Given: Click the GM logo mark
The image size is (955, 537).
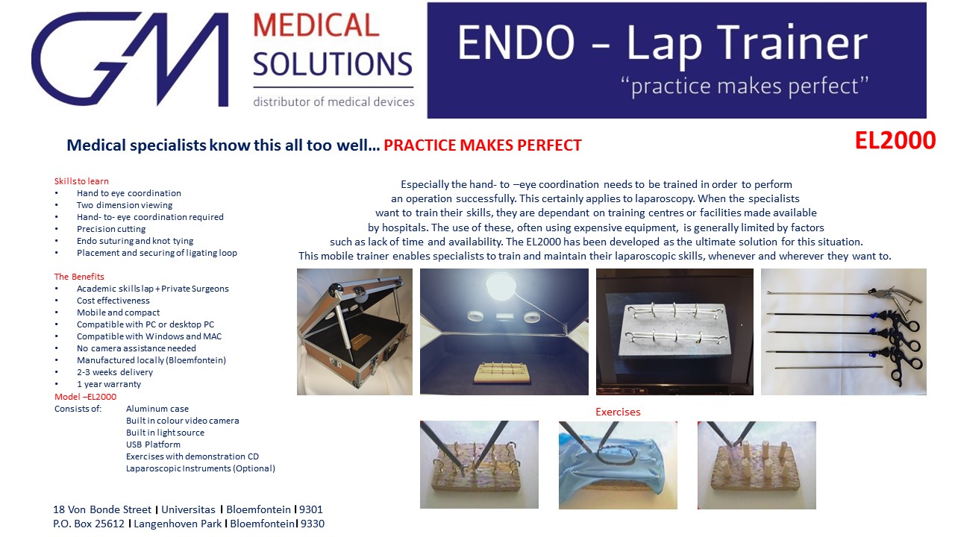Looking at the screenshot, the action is pos(130,59).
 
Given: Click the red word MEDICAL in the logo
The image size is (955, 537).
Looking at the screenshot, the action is pos(316,25).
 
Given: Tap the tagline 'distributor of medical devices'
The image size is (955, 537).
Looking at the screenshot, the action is pos(334,102).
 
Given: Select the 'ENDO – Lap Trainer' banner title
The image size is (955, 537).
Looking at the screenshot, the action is pos(662,43).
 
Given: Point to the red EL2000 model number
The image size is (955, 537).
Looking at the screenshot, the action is pos(895,140).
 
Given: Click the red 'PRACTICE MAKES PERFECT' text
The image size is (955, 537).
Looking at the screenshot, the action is pos(482,145).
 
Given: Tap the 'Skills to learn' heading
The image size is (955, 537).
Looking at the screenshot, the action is pos(81,181).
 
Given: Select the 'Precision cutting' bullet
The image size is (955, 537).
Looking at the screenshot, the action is pos(111,229).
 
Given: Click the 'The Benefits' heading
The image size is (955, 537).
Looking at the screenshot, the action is pos(79,277).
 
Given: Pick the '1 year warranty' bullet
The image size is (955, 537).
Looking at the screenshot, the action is pos(109,384).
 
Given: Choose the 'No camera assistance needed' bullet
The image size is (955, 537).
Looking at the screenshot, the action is pos(137,348).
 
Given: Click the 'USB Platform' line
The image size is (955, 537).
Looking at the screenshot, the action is pos(153,445).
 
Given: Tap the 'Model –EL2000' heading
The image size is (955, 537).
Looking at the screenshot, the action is pos(85,397).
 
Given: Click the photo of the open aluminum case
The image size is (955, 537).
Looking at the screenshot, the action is pos(354,332).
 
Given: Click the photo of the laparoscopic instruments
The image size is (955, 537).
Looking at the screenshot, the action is pos(844,332).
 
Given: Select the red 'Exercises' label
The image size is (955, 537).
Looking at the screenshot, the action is pos(618,412).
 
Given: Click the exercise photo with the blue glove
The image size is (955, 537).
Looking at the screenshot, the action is pos(618,465).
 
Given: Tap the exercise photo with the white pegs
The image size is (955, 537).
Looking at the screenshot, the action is pos(757,465).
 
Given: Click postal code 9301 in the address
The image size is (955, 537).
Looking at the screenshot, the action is pos(311,509).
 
